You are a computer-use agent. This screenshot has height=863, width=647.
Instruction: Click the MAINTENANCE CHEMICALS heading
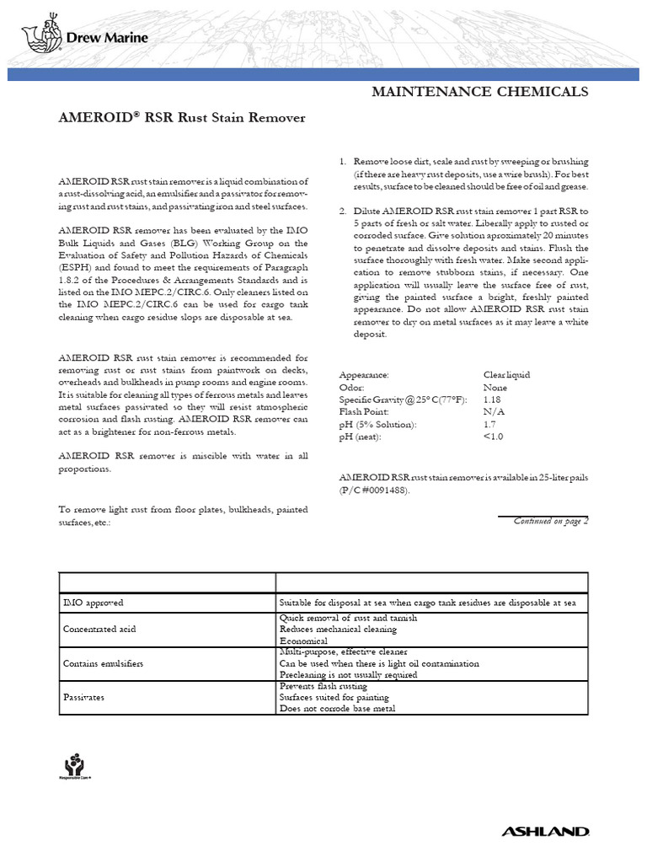coord(480,91)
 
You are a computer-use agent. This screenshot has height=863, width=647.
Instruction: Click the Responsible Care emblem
coord(76,764)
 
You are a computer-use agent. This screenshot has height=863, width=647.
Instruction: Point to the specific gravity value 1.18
coord(492,399)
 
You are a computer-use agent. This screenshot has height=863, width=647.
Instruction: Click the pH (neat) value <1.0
coord(494,437)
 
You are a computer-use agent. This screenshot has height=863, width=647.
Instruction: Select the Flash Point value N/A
coord(494,412)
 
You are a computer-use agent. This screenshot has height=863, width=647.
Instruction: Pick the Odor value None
coord(495,387)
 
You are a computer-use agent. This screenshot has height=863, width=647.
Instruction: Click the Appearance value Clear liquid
coord(506,374)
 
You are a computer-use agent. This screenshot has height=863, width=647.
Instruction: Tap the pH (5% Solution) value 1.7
coord(490,425)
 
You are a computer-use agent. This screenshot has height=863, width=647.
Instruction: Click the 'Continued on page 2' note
coord(550,521)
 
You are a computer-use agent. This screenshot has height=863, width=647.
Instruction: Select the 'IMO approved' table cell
coord(94,603)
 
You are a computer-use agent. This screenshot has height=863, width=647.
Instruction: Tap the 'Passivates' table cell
coord(85,698)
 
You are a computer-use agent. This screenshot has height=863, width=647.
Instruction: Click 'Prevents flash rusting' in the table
coord(325,686)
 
